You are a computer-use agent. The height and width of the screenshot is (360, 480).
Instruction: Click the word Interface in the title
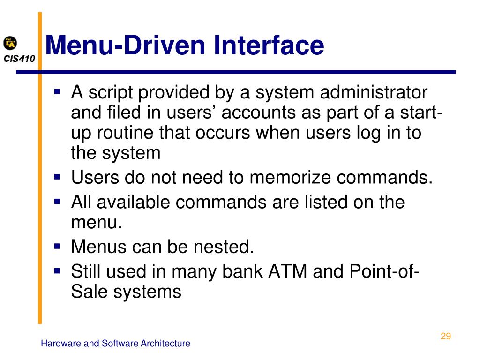coord(269,45)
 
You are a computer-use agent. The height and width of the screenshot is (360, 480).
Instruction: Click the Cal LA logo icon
coord(10,44)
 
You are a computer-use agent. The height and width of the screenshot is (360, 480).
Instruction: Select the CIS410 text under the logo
coord(19,59)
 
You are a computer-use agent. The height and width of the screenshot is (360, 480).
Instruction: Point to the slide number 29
coord(445,336)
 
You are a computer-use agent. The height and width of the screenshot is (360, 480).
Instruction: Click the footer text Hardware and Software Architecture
coord(115,344)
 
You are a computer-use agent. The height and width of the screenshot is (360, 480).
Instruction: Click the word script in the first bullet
coord(111,93)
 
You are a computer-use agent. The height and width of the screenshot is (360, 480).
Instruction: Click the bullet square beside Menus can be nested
coord(58,246)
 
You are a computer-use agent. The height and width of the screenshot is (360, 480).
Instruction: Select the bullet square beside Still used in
coord(58,270)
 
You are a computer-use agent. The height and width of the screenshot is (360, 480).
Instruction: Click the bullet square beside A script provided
coord(58,92)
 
